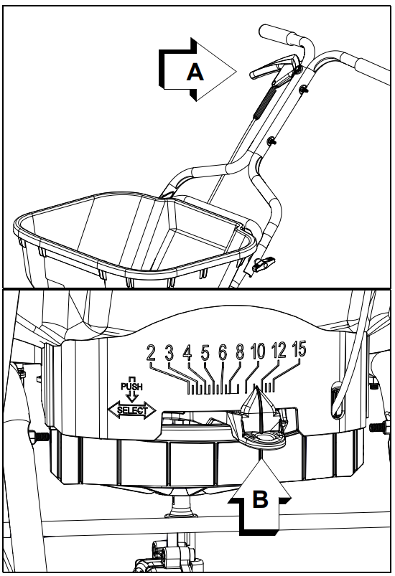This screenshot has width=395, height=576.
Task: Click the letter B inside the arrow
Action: tap(260, 499)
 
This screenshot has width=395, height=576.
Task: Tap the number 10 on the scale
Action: tap(258, 351)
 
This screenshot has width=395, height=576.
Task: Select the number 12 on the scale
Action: tap(279, 351)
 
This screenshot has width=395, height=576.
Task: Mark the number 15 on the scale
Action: tap(300, 349)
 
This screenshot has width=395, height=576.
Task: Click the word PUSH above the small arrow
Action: tap(131, 386)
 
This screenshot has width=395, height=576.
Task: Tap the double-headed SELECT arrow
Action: tap(131, 411)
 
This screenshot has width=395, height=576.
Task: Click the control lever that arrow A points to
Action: tap(269, 69)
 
